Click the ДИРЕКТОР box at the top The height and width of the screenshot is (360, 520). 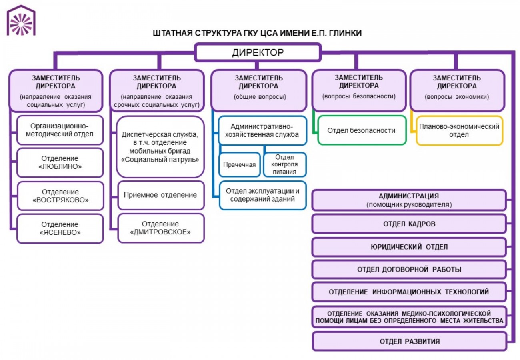tap(258, 52)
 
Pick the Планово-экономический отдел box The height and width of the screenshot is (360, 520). tap(459, 131)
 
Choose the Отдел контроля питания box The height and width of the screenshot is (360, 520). tap(285, 164)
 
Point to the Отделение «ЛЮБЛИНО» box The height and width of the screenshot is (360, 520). tap(60, 162)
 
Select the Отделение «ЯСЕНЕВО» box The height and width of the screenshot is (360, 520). tap(60, 228)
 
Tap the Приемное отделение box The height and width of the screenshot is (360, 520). tap(160, 195)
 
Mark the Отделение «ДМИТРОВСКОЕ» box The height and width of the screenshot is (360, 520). tap(160, 228)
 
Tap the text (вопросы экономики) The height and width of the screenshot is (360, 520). tap(457, 97)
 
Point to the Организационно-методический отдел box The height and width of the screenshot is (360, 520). tap(60, 130)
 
